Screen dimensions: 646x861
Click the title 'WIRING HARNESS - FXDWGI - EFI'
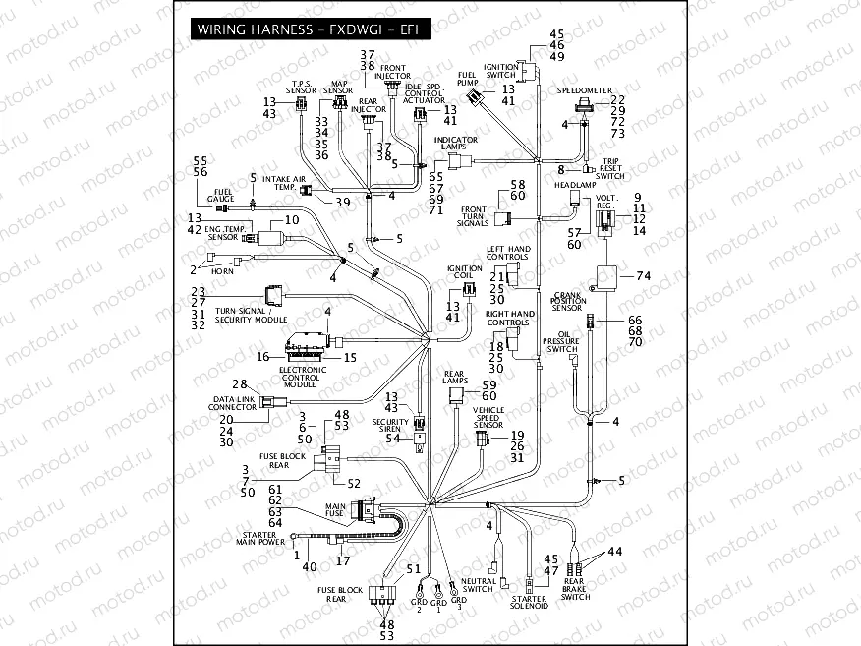coord(309,29)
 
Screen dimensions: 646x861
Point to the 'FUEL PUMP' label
coord(467,78)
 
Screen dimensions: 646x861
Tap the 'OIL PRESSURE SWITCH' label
coord(561,343)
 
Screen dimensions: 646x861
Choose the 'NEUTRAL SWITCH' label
coord(479,586)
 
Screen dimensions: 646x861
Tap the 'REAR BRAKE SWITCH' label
coord(576,590)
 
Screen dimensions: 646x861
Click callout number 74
coord(643,276)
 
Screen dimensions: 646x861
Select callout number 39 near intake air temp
coord(342,202)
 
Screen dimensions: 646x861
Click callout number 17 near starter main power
coord(342,561)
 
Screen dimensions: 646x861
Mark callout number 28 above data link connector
coord(238,382)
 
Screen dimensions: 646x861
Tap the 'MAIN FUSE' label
coord(336,509)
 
